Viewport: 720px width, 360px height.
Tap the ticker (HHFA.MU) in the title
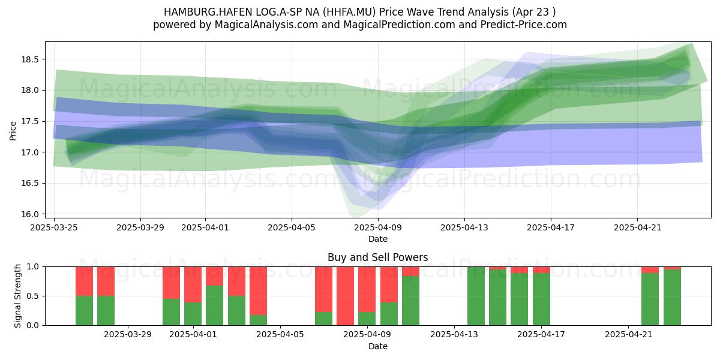[349, 12]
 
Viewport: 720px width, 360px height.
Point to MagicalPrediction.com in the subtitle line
[399, 25]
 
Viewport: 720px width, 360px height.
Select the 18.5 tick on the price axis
[30, 59]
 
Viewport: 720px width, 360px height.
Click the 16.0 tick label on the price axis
[30, 214]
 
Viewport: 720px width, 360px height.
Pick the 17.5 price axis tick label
[30, 121]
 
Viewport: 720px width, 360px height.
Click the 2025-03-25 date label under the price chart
[54, 227]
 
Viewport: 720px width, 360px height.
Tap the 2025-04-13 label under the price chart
[464, 227]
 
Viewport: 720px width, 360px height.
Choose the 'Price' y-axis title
[13, 131]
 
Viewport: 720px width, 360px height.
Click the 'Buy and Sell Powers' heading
[377, 257]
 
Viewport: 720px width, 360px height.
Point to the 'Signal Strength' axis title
[17, 296]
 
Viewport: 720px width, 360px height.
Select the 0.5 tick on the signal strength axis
[33, 296]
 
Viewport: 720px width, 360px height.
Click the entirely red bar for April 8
[345, 296]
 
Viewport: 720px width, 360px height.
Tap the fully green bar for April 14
[476, 296]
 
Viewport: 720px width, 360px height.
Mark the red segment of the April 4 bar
[258, 291]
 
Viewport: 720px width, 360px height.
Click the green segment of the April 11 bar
[411, 301]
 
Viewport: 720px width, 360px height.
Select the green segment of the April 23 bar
[673, 298]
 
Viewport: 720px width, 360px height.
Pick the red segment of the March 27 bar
[106, 281]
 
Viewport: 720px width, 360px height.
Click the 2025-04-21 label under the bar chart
[629, 335]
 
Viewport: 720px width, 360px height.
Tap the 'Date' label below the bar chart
[378, 347]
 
